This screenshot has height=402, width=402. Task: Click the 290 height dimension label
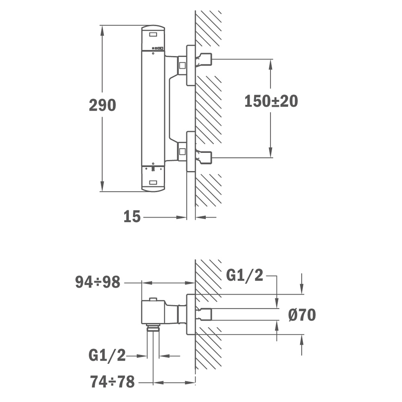coord(102,105)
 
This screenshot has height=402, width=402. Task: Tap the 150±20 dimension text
coord(271,101)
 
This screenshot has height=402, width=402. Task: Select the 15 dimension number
coord(132,216)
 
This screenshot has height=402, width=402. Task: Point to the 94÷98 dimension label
coord(98,282)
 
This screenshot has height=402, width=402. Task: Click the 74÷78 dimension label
coord(112,381)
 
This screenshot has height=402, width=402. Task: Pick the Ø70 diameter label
coord(302,315)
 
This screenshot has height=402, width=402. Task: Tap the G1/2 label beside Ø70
coord(244,276)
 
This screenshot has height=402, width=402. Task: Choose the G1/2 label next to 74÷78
coord(107,355)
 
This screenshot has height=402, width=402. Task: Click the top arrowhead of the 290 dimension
coord(102,31)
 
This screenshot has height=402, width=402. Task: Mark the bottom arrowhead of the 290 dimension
coord(102,186)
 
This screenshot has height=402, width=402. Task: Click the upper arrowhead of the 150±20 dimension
coord(271,65)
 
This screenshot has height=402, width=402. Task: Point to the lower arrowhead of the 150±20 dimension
coord(271,152)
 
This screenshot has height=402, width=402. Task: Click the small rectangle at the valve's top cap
coord(153,34)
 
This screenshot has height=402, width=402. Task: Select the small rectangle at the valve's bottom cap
coord(153,183)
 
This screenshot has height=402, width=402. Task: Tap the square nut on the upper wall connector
coord(182,66)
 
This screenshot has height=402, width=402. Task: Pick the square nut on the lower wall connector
coord(182,152)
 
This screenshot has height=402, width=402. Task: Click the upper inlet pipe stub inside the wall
coord(204,59)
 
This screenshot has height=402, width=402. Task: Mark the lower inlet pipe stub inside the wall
coord(204,158)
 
